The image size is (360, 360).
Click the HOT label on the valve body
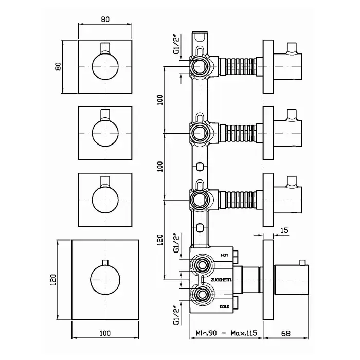tap(224, 255)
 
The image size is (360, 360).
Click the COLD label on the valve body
tap(224, 306)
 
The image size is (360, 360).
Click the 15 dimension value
tap(284, 231)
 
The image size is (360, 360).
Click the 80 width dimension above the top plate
tap(105, 20)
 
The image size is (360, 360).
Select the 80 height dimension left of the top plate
tap(59, 66)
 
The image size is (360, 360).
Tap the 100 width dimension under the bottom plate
tap(105, 333)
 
